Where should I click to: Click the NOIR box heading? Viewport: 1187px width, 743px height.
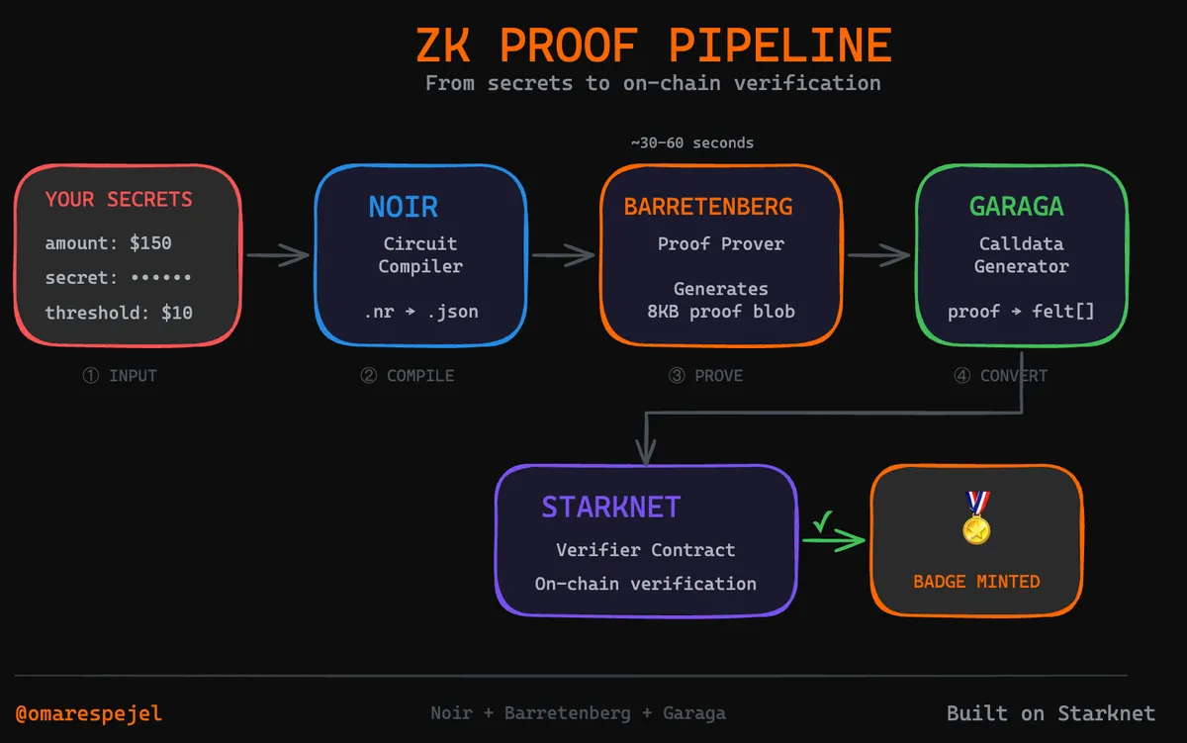point(403,207)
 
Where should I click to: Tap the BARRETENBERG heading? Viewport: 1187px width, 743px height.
point(707,207)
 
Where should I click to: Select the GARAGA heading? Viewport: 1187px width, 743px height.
point(1016,207)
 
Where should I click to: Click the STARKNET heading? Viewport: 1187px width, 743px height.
point(610,508)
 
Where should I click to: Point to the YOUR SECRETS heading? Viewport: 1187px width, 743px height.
point(120,200)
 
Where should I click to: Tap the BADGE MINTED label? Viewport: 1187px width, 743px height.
point(976,582)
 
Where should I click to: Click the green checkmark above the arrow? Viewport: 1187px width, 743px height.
point(820,519)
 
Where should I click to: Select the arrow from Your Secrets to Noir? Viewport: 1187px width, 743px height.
point(278,255)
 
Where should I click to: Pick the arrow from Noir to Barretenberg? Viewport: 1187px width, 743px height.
point(564,255)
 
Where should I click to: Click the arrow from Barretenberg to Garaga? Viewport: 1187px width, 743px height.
point(878,255)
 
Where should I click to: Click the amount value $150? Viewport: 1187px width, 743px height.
point(150,243)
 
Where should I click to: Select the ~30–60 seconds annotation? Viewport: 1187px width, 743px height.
point(692,143)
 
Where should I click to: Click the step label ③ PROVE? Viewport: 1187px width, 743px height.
point(705,376)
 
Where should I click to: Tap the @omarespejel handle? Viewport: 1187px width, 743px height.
point(89,713)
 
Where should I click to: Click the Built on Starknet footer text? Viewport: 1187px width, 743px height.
point(1050,713)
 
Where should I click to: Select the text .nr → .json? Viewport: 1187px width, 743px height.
point(420,312)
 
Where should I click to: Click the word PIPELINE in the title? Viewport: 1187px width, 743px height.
point(780,46)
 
